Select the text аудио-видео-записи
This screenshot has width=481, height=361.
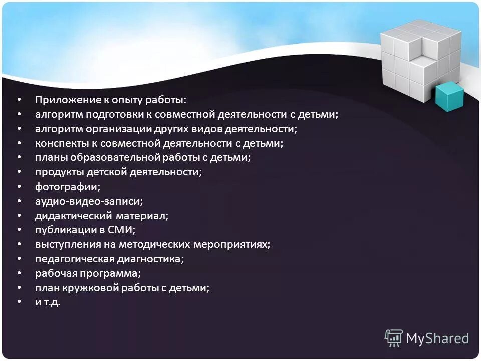pyautogui.click(x=89, y=201)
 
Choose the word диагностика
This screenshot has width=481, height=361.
pyautogui.click(x=150, y=259)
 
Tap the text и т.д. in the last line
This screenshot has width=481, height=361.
pyautogui.click(x=48, y=302)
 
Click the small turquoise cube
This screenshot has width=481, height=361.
pyautogui.click(x=448, y=97)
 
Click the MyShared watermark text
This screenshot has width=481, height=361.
pyautogui.click(x=437, y=338)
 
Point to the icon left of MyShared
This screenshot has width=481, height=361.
pyautogui.click(x=393, y=338)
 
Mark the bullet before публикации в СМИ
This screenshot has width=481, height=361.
pyautogui.click(x=19, y=230)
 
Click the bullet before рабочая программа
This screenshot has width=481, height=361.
pyautogui.click(x=19, y=274)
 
